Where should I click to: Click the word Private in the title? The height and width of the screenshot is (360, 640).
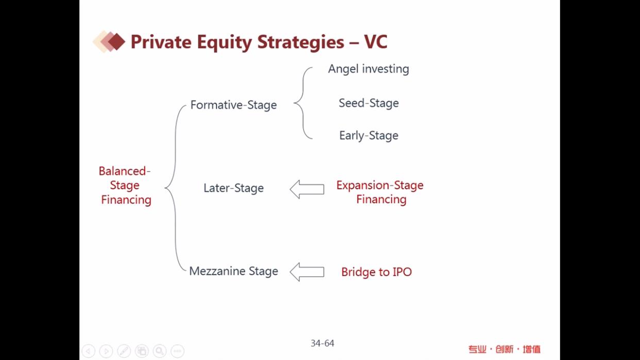(x=161, y=42)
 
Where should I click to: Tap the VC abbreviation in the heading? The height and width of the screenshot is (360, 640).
(x=376, y=42)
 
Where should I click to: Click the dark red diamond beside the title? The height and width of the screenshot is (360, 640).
(x=116, y=42)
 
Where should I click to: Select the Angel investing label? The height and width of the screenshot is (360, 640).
(x=368, y=69)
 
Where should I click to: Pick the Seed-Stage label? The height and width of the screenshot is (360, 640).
(x=368, y=103)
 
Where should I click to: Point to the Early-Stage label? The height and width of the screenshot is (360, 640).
(x=368, y=135)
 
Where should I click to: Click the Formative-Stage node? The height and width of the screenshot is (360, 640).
(x=233, y=105)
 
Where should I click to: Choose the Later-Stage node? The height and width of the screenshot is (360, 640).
(x=233, y=188)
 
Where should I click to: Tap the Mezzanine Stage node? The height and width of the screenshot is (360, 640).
(x=233, y=271)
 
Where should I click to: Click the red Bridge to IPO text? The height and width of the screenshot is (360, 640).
(x=376, y=272)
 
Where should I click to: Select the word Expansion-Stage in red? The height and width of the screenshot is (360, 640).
(x=380, y=185)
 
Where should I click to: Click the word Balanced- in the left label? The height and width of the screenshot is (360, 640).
(x=125, y=171)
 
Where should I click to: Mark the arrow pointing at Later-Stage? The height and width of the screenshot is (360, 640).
(x=307, y=190)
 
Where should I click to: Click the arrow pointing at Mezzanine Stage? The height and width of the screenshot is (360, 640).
(x=307, y=272)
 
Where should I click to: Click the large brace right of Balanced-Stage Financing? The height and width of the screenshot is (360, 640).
(x=175, y=188)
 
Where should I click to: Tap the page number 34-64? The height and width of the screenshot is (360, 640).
(x=322, y=343)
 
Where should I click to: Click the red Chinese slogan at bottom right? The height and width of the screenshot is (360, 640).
(x=504, y=349)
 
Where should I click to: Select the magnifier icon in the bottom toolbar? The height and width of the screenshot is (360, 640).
(x=159, y=351)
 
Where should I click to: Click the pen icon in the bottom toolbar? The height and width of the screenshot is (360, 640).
(x=124, y=351)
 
